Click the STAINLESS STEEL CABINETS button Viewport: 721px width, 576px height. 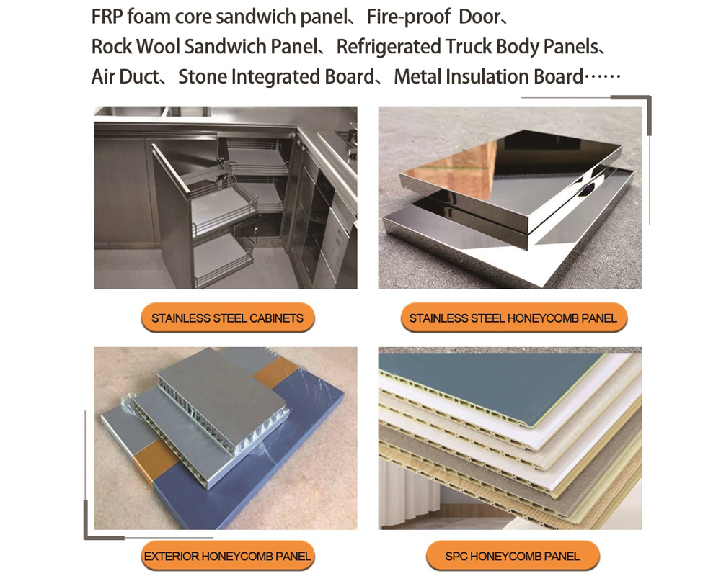tap(227, 318)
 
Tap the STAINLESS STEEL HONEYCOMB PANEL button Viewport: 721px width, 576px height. tap(513, 318)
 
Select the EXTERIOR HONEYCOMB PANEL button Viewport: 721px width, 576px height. tap(227, 556)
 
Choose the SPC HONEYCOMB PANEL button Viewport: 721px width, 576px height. tap(513, 556)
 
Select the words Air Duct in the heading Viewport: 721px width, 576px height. tap(124, 77)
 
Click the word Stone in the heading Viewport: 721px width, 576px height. tap(202, 77)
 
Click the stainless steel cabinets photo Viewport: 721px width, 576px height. tap(225, 198)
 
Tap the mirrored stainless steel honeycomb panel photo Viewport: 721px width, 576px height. tap(510, 198)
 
